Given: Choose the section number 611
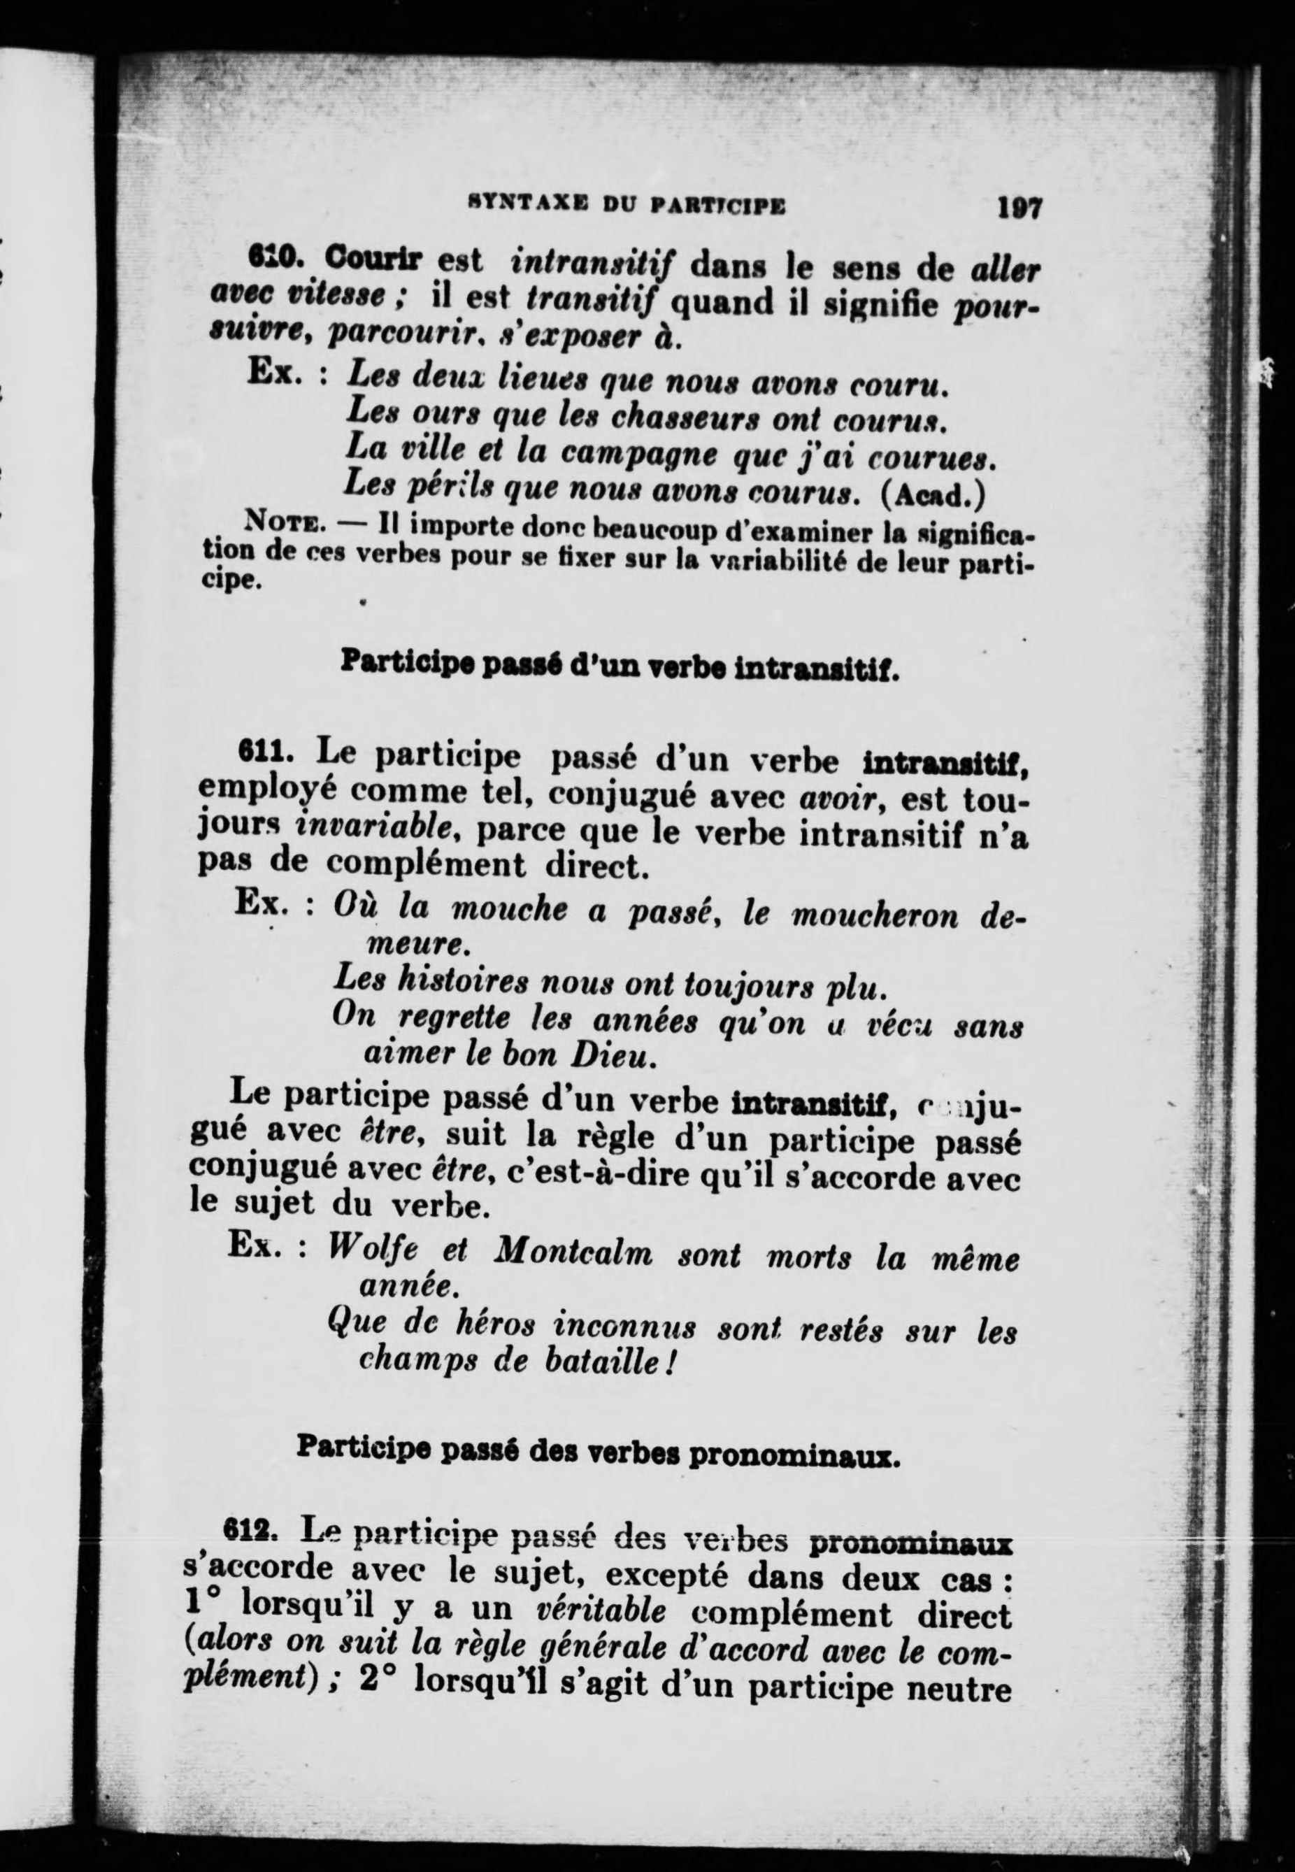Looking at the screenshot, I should [x=264, y=754].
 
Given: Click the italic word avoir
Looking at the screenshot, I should [x=838, y=799].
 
